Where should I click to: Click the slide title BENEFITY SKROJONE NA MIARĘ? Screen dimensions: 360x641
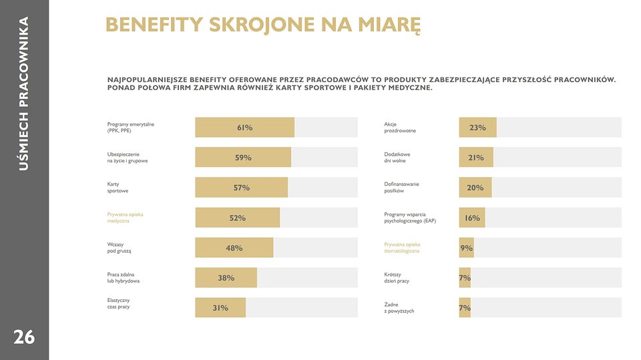pos(263,25)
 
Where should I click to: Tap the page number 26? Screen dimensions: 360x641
pos(24,337)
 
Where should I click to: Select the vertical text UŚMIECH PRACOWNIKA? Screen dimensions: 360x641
pos(24,94)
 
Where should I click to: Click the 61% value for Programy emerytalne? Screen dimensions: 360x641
pos(244,128)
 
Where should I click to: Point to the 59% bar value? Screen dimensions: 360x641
pos(243,158)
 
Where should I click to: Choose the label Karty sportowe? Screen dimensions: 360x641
pos(118,188)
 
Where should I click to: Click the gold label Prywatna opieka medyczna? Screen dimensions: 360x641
pos(125,218)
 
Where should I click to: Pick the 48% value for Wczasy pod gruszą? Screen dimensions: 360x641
pos(234,248)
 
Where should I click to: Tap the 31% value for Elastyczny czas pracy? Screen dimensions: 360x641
pos(220,308)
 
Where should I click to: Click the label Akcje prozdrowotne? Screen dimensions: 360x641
pos(400,128)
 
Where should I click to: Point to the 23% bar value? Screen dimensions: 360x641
pos(477,128)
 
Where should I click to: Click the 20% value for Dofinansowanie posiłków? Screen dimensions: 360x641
pos(475,188)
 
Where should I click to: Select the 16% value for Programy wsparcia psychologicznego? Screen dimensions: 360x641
pos(472,218)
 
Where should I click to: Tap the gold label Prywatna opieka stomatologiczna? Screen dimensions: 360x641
pos(402,248)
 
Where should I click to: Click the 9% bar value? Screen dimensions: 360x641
pos(466,248)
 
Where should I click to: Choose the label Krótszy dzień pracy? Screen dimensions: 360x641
pos(397,278)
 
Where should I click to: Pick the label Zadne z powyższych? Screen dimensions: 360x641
pos(399,308)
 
